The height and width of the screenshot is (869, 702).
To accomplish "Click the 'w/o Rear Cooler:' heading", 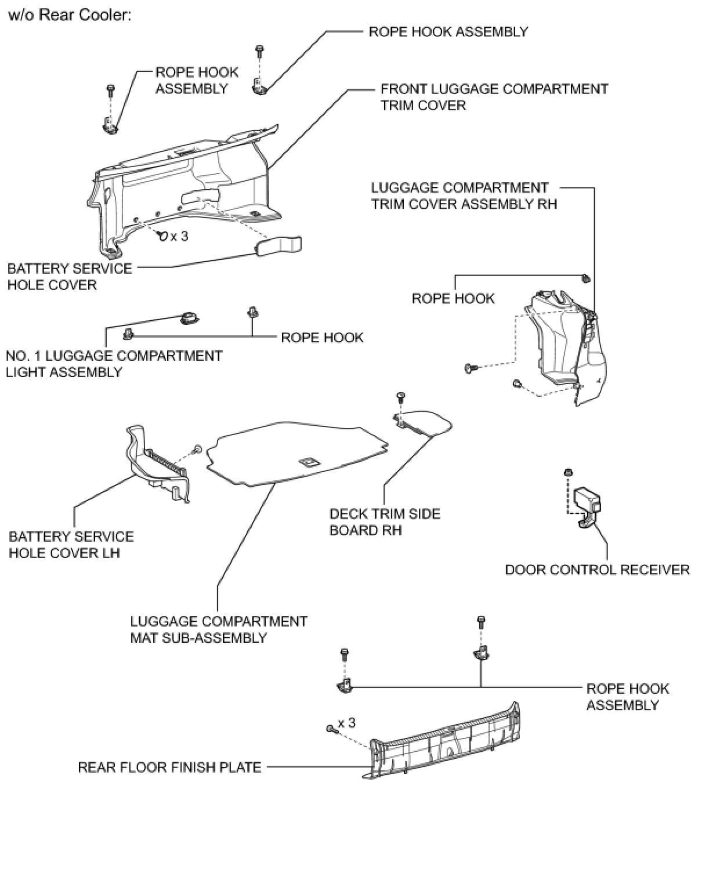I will (70, 15).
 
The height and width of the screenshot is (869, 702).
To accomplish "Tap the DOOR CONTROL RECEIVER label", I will (597, 570).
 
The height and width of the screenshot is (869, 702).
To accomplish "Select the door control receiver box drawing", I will (587, 500).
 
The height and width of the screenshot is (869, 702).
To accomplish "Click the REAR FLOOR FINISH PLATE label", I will (169, 767).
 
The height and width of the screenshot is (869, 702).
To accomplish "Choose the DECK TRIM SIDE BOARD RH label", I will (385, 522).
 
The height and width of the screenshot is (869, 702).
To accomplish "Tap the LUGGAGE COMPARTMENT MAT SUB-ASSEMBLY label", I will (218, 629).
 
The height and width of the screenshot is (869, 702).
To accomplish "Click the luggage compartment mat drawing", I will (296, 452).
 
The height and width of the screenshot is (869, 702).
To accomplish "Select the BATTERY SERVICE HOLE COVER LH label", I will (71, 545).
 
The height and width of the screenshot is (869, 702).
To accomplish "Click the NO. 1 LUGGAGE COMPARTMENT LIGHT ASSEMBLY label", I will (114, 364).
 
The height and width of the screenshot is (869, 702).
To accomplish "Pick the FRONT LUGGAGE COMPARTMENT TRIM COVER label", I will (494, 97).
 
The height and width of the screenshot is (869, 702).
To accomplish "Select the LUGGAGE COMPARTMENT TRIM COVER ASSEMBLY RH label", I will (464, 196).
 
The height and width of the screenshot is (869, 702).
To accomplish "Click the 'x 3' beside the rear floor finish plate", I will (346, 723).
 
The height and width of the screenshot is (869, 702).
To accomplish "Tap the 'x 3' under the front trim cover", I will (179, 237).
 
